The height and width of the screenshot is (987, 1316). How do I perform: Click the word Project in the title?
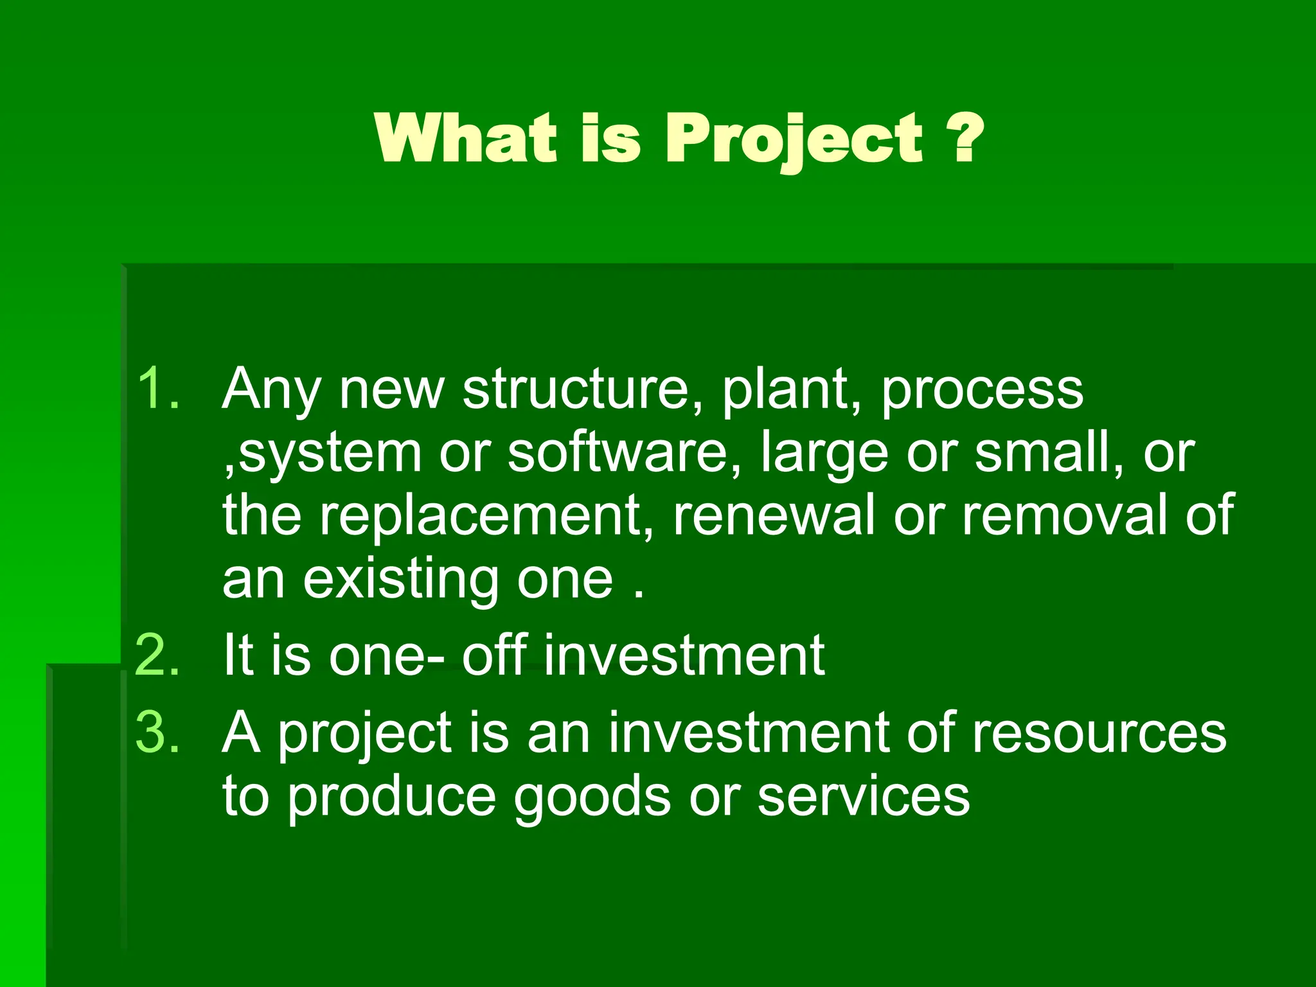click(x=794, y=139)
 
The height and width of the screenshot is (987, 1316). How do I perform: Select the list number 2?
click(x=157, y=655)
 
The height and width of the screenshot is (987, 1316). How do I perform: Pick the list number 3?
click(x=157, y=732)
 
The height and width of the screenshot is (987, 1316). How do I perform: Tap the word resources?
click(x=1099, y=733)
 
